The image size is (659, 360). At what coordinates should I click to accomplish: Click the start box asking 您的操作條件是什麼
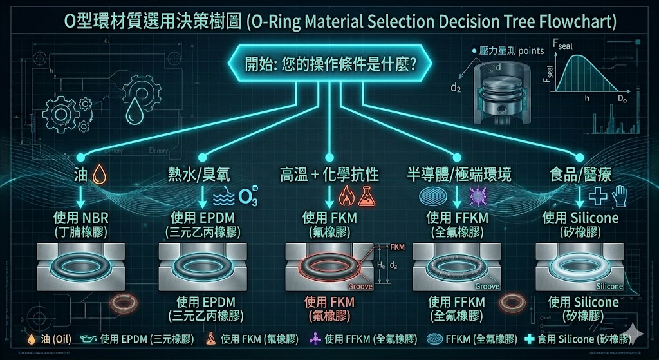pyautogui.click(x=329, y=66)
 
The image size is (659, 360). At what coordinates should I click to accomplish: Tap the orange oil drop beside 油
pyautogui.click(x=99, y=174)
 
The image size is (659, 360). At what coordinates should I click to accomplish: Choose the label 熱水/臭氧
pyautogui.click(x=198, y=174)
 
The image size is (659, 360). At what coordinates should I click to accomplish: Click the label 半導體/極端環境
pyautogui.click(x=458, y=174)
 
